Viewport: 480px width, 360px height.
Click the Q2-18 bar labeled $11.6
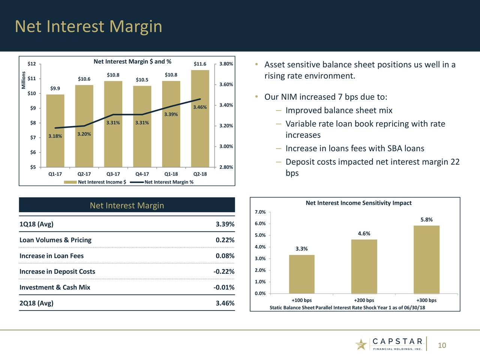[200, 118]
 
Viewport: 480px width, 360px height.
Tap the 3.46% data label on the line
[199, 108]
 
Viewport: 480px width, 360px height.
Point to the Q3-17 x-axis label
[113, 174]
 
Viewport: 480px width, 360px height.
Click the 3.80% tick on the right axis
[226, 64]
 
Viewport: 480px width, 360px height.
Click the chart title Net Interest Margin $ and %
[132, 61]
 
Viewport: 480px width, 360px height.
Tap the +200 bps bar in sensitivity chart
[364, 267]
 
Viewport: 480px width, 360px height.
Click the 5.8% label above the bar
[426, 220]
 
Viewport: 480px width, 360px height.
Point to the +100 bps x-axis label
[301, 300]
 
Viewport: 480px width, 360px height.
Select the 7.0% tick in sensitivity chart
[260, 212]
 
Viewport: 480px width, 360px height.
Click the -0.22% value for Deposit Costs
[224, 271]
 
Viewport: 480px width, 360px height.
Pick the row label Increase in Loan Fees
[51, 256]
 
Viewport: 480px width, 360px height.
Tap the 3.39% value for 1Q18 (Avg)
[225, 224]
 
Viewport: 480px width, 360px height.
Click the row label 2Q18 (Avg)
[36, 303]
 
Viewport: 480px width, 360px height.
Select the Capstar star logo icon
[361, 344]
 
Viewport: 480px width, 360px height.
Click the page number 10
[442, 345]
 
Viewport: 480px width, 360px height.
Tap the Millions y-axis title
[24, 80]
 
